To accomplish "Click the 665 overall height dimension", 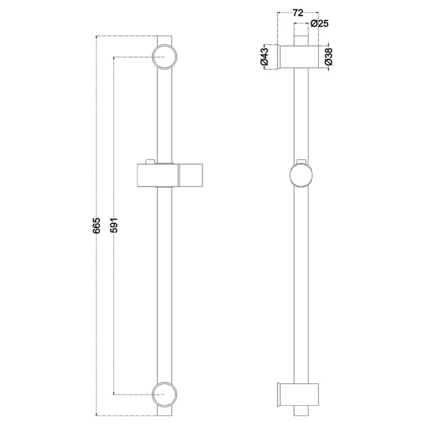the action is coord(96,225).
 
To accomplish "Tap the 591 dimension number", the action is coord(114,225).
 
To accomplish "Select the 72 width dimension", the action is coord(297,13).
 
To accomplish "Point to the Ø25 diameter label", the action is coord(319,23).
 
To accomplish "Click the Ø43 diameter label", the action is coord(264,57).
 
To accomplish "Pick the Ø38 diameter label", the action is coord(328,57).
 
